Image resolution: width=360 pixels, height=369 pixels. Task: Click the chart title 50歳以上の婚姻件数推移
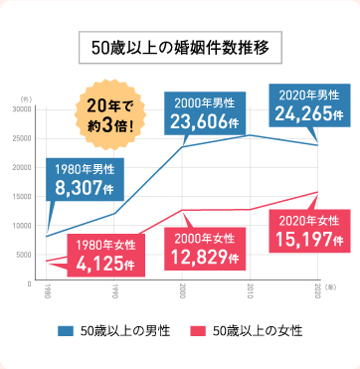(x=179, y=47)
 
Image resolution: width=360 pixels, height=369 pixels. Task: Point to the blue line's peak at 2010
(x=250, y=135)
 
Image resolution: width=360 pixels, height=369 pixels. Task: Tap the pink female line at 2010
(x=250, y=210)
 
